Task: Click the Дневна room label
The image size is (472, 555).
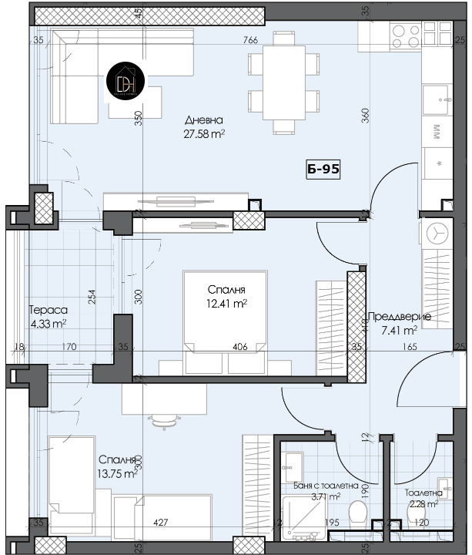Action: tap(204, 120)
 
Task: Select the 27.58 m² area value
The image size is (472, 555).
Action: tap(204, 133)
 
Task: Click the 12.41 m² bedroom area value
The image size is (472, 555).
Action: tap(226, 303)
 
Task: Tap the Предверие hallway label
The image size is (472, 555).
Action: tap(399, 316)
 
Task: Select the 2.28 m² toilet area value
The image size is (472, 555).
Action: tap(423, 505)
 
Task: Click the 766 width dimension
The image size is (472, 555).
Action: tap(249, 40)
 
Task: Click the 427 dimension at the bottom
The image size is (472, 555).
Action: tap(160, 523)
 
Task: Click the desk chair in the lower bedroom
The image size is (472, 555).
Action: tap(162, 419)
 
